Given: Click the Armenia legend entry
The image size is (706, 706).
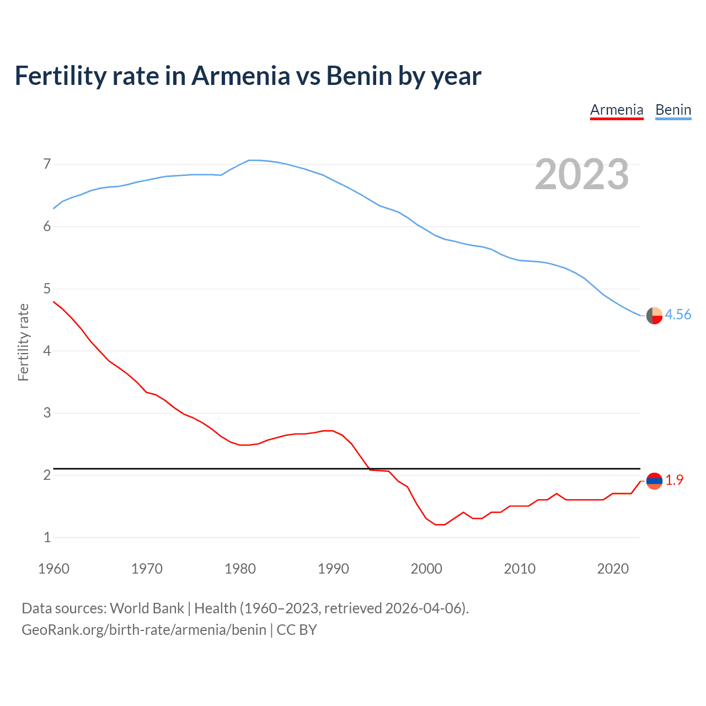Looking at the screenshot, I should pyautogui.click(x=617, y=110).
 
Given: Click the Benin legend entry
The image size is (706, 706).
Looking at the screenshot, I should pyautogui.click(x=673, y=110).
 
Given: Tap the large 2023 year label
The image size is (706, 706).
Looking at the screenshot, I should pyautogui.click(x=582, y=174).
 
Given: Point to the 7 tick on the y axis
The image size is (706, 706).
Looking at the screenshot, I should pyautogui.click(x=47, y=164).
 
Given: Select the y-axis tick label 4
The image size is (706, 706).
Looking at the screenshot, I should pyautogui.click(x=47, y=351).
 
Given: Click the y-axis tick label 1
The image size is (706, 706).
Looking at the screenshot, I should pyautogui.click(x=47, y=537).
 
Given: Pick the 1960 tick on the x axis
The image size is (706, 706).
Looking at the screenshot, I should pyautogui.click(x=54, y=569).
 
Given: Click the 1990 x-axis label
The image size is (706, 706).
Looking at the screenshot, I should pyautogui.click(x=333, y=569).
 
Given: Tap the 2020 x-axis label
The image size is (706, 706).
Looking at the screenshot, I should pyautogui.click(x=613, y=569).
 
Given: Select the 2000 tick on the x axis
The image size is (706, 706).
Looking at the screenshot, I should pyautogui.click(x=426, y=569).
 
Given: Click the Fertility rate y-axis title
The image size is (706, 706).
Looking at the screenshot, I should pyautogui.click(x=23, y=342).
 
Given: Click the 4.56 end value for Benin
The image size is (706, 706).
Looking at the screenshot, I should pyautogui.click(x=678, y=314).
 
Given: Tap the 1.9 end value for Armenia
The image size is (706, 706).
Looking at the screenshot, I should pyautogui.click(x=674, y=480).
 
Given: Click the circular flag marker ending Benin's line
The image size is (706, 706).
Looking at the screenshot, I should pyautogui.click(x=654, y=315).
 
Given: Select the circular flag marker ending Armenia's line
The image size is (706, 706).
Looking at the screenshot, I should pyautogui.click(x=654, y=481).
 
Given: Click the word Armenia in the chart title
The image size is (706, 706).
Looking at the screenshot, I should pyautogui.click(x=240, y=76).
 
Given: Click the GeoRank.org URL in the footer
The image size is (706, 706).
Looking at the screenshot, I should pyautogui.click(x=143, y=630).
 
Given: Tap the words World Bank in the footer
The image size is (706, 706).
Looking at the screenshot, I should pyautogui.click(x=147, y=608).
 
